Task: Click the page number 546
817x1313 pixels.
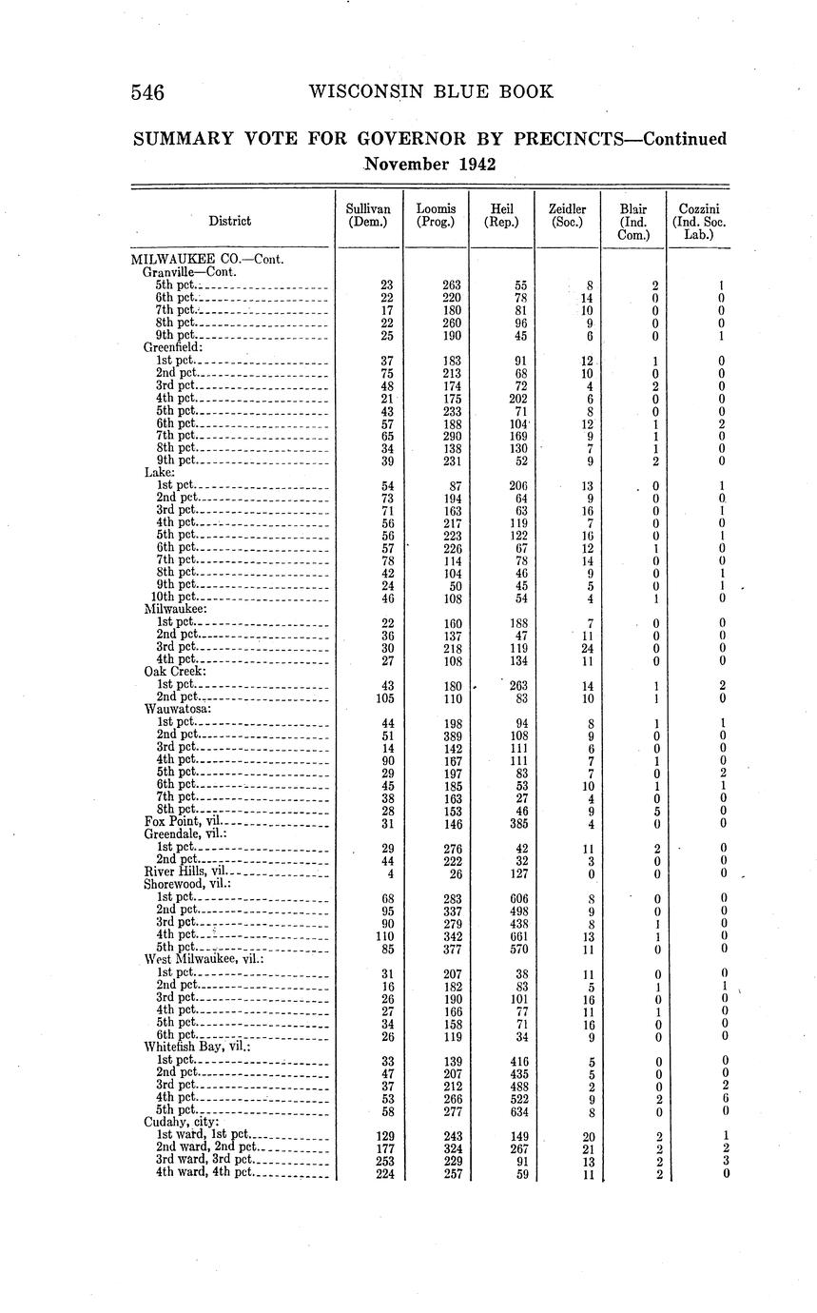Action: point(148,92)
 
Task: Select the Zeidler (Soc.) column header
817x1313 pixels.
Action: point(567,215)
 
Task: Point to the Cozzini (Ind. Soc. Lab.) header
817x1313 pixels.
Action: point(698,221)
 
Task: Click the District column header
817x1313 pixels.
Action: point(230,221)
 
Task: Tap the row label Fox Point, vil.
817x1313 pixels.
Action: point(183,821)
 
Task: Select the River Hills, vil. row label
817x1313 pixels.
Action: point(186,872)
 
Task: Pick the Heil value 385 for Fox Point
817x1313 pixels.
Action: point(519,821)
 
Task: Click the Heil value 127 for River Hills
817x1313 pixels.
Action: point(519,872)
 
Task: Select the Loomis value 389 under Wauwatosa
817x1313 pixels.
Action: point(453,735)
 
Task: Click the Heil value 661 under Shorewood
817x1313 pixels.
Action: point(519,935)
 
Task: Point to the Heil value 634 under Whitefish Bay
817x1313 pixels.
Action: point(519,1110)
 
